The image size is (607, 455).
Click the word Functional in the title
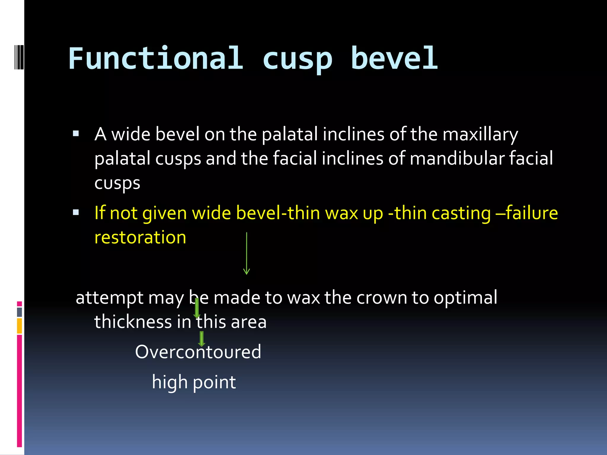156,58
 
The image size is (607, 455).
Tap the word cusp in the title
297,59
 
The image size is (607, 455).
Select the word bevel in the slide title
394,58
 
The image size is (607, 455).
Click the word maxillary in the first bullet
480,134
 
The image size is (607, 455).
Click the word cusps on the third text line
117,183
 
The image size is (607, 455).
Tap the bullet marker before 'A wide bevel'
76,134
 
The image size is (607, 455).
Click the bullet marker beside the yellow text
76,212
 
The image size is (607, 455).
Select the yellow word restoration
140,237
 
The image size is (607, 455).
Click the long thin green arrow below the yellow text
246,254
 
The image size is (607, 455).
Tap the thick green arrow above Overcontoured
202,339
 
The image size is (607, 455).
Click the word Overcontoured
198,352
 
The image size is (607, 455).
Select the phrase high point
194,382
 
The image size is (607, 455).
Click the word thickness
133,322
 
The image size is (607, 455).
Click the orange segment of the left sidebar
19,326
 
